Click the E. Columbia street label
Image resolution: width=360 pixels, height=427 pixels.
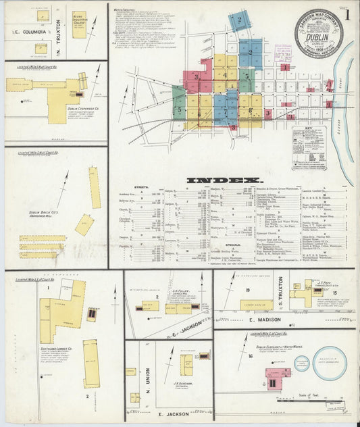28,32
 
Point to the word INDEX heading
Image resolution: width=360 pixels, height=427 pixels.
225,180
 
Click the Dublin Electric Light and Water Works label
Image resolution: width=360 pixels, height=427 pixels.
271,348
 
